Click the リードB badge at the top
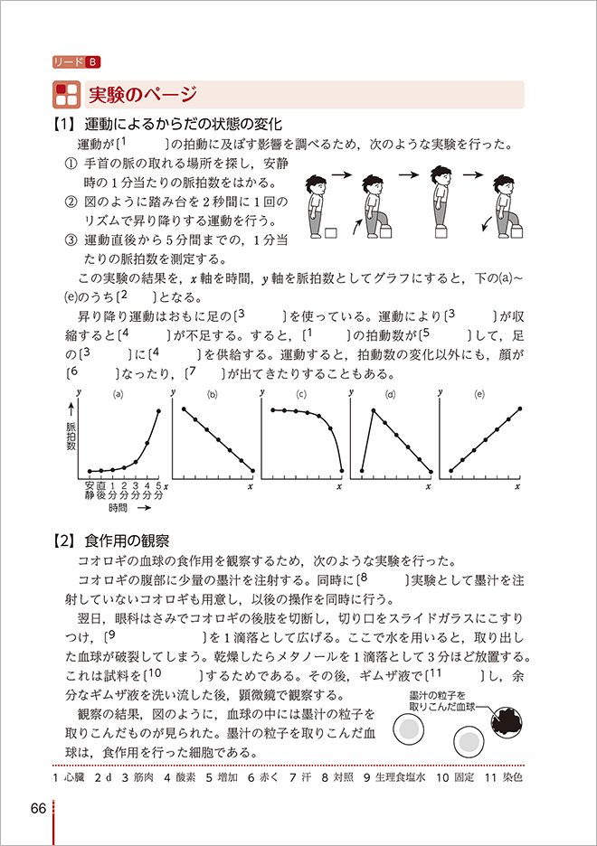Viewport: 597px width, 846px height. (77, 61)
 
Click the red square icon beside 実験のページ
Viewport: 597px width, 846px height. (66, 94)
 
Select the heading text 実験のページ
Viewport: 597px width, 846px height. (135, 94)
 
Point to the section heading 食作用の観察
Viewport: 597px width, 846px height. (126, 540)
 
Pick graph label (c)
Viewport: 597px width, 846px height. (301, 394)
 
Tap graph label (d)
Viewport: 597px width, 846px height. (391, 394)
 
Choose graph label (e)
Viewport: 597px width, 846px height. (479, 394)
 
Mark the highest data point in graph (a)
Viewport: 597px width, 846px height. (159, 412)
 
